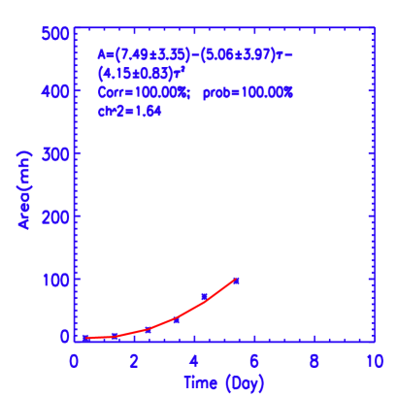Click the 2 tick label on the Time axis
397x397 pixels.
point(135,360)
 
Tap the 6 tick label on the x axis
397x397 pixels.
point(254,360)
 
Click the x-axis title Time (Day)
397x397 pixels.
point(223,381)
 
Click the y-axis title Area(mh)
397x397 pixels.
point(25,194)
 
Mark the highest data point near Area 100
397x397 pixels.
point(236,281)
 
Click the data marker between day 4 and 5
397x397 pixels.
point(205,296)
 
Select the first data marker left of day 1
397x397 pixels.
point(86,337)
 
